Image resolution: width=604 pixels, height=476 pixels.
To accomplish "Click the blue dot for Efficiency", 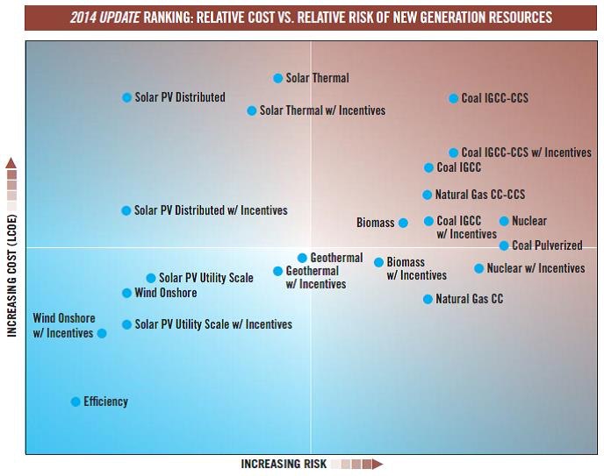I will [x=75, y=401].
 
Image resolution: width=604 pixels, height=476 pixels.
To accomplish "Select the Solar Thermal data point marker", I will [x=278, y=78].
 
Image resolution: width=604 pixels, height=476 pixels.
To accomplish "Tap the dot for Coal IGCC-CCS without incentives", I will [x=454, y=99].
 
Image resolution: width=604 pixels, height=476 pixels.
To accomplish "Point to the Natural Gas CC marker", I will [x=428, y=299].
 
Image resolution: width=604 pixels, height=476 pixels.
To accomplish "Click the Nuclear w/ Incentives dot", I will [x=479, y=268].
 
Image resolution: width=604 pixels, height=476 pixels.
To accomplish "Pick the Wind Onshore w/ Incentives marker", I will [x=102, y=333].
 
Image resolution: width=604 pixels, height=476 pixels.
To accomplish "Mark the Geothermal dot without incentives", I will [x=302, y=258].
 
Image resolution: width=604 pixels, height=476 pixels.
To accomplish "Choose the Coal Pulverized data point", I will [x=504, y=245].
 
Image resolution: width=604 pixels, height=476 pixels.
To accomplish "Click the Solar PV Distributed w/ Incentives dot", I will [x=126, y=210].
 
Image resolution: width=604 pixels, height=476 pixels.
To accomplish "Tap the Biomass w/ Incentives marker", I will [x=378, y=262].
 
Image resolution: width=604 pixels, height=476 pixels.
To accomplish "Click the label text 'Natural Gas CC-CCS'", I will [x=480, y=195].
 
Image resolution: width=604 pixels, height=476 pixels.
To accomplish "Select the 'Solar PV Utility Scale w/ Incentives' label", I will [x=213, y=324].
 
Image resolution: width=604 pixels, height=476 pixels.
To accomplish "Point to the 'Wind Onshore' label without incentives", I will [x=166, y=293].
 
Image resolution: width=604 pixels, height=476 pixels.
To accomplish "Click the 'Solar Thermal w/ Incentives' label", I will [x=322, y=110].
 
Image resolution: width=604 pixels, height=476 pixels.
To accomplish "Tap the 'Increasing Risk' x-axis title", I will [x=284, y=464].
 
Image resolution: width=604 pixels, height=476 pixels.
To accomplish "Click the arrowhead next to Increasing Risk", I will [x=377, y=464].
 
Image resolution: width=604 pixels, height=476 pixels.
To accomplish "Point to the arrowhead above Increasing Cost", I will [x=11, y=163].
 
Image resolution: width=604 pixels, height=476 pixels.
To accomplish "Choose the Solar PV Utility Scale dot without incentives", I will [x=151, y=278].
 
